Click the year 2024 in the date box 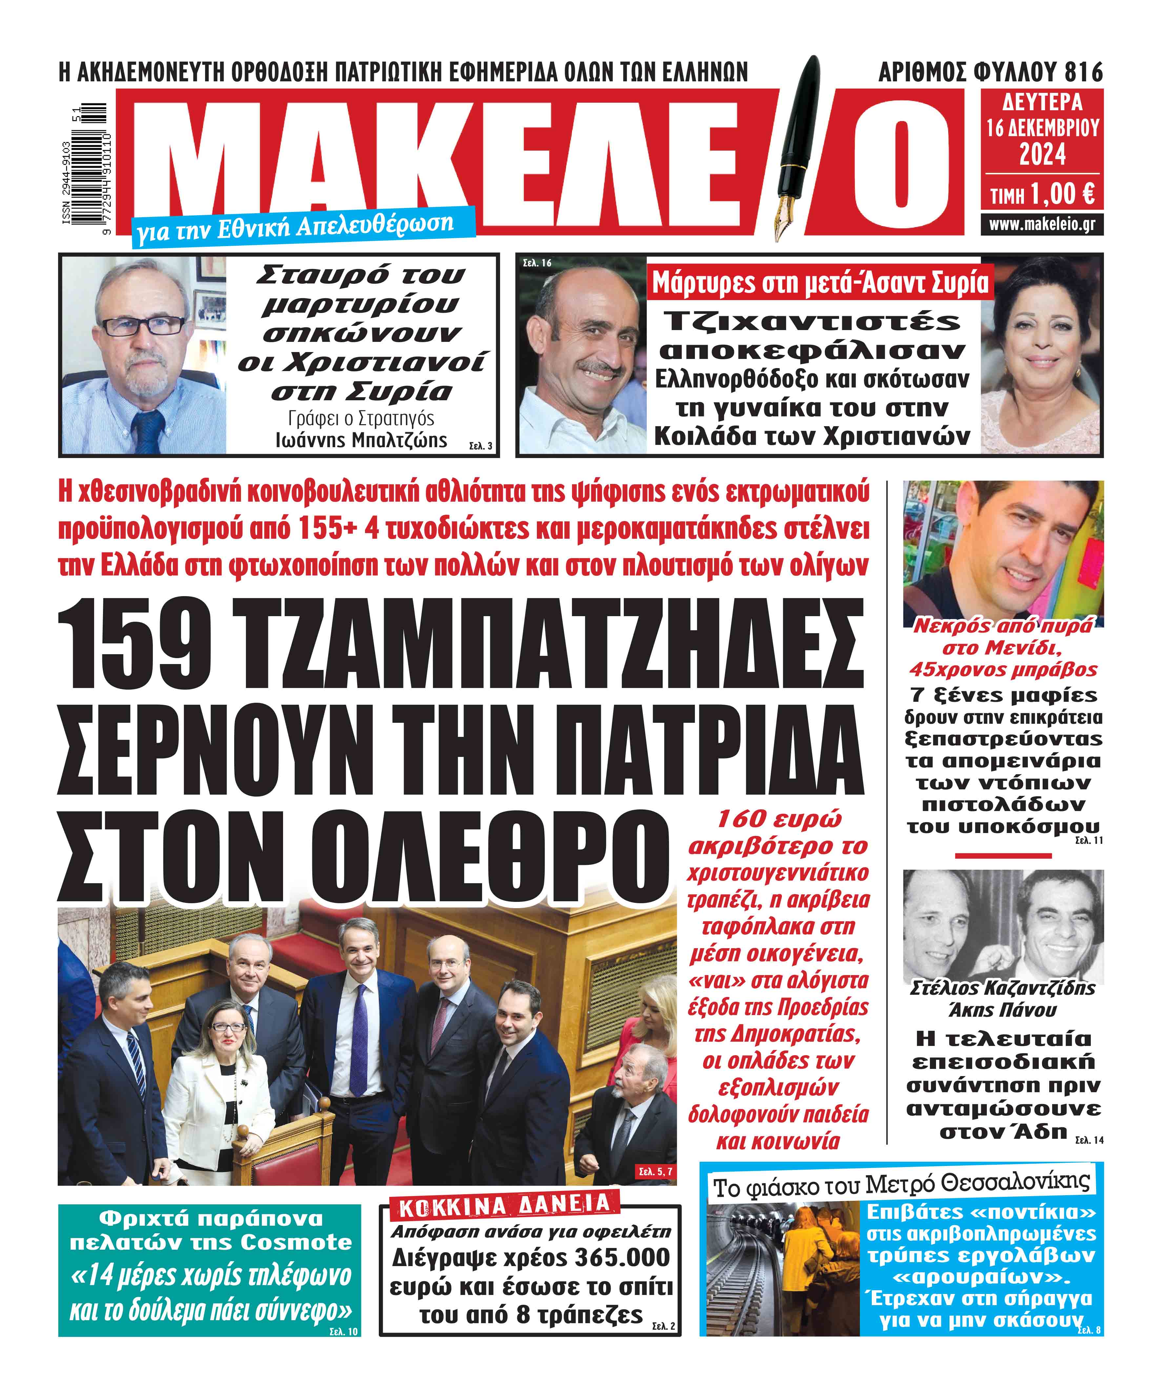1043,155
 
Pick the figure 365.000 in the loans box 623,1258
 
